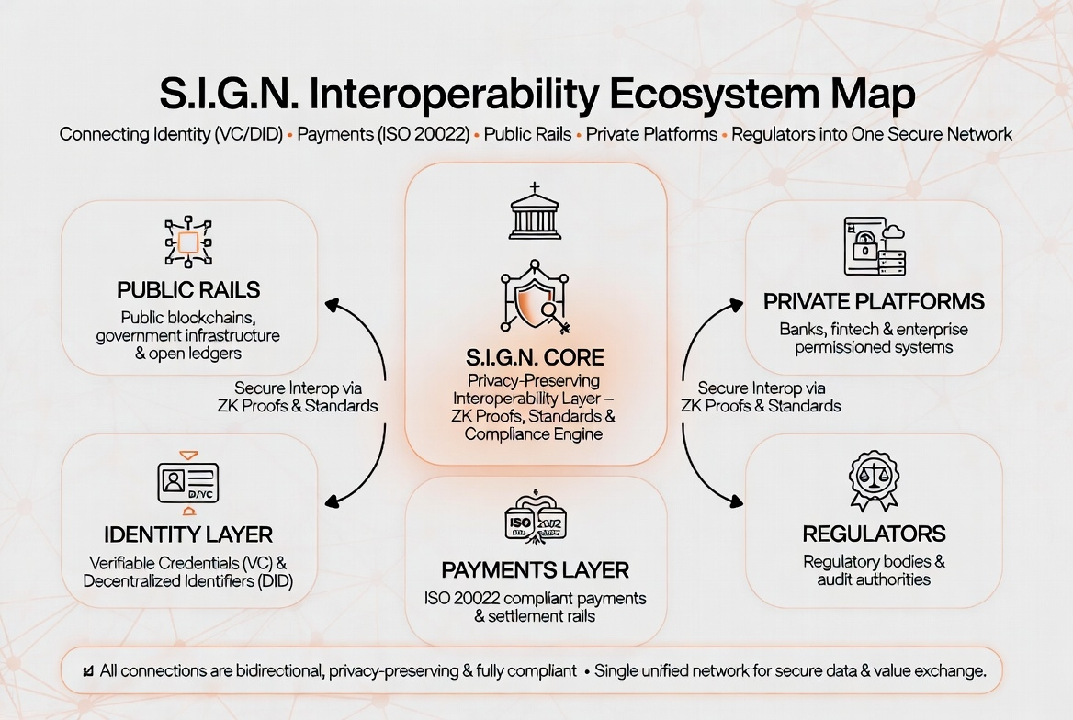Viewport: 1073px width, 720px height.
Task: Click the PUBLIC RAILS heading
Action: [x=188, y=290]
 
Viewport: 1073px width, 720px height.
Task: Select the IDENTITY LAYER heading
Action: [x=188, y=534]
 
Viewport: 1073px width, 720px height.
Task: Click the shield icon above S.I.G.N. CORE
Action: [x=534, y=299]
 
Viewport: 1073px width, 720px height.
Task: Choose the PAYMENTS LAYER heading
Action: [x=535, y=569]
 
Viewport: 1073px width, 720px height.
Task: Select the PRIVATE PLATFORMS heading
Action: [x=874, y=301]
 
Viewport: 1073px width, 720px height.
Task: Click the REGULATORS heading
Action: [x=874, y=534]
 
